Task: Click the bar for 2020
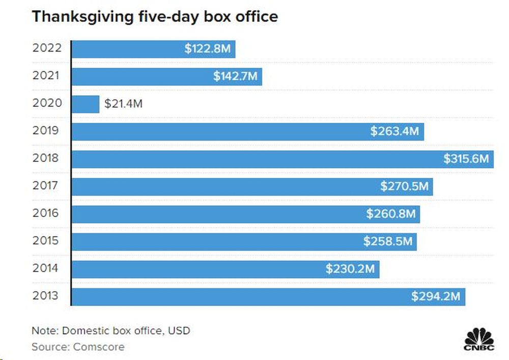[85, 104]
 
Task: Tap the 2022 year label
[47, 48]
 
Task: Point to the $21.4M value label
[123, 104]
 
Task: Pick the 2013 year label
[47, 296]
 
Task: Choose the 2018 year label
[47, 158]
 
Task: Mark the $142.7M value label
[235, 77]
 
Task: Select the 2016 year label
[47, 213]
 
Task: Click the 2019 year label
[47, 131]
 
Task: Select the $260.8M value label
[391, 214]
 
